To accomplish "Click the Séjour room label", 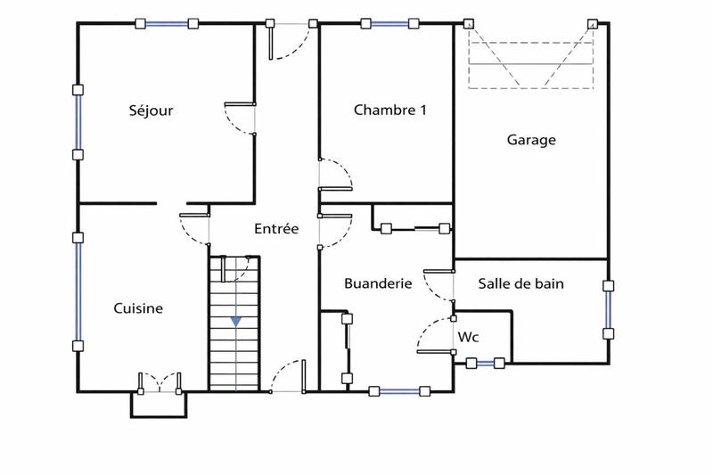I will pyautogui.click(x=151, y=111).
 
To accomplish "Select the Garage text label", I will pyautogui.click(x=531, y=140).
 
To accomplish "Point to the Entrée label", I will pyautogui.click(x=275, y=229).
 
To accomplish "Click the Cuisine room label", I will pyautogui.click(x=138, y=308).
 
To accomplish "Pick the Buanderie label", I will pyautogui.click(x=378, y=283).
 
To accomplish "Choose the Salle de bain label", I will pyautogui.click(x=521, y=283).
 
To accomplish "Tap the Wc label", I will pyautogui.click(x=469, y=338).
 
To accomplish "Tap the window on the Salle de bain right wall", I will pyautogui.click(x=609, y=310).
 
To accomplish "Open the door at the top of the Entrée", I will pyautogui.click(x=292, y=40).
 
